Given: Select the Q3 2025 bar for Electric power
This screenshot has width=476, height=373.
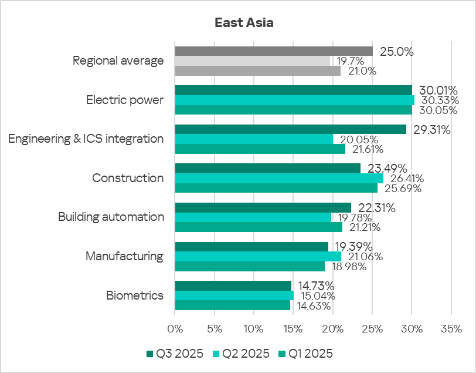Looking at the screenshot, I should (293, 90).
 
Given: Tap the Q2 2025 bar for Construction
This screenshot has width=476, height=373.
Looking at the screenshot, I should (279, 178).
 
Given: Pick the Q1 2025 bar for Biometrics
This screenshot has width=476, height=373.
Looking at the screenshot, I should (233, 305).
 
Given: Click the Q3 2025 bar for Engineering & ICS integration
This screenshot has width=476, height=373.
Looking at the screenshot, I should (290, 129).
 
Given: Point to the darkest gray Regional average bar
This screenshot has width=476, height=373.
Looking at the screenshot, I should (274, 51).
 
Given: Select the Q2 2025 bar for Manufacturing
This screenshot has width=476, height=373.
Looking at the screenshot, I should (258, 256).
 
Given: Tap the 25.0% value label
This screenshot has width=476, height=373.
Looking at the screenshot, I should (396, 52).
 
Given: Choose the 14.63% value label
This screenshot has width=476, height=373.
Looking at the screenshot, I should (314, 306).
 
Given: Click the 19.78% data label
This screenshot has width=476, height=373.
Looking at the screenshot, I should (355, 217).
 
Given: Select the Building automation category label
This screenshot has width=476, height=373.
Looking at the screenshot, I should (111, 217).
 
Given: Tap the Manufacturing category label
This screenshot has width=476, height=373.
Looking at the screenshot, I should (124, 256).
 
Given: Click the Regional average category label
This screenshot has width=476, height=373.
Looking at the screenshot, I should (118, 61).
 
